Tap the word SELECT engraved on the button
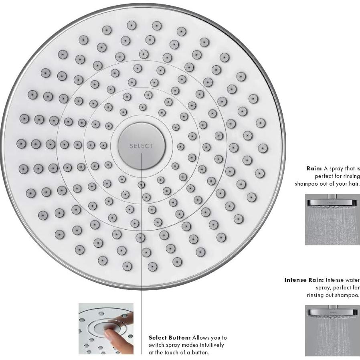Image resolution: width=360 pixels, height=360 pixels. [141, 146]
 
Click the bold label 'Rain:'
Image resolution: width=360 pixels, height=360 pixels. [314, 169]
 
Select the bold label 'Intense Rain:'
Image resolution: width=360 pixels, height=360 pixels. [304, 280]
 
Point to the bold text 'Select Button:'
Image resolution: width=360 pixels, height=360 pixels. [170, 338]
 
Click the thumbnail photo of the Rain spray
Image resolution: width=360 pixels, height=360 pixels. [332, 219]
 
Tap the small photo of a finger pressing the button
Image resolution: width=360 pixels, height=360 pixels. [106, 329]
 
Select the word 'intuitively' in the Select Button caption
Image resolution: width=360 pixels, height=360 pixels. [211, 345]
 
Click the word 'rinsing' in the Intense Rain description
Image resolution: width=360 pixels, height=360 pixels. [317, 295]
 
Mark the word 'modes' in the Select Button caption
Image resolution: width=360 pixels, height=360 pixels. [188, 345]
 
